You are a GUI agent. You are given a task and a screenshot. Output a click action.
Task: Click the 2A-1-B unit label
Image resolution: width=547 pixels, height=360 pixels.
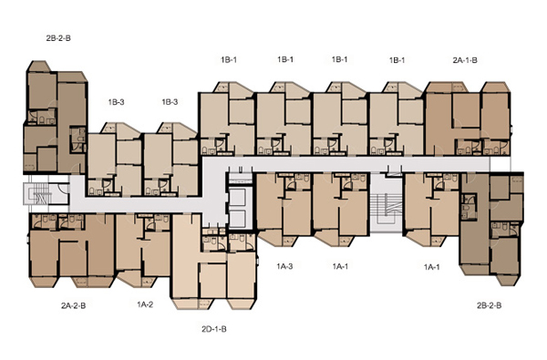point(465,60)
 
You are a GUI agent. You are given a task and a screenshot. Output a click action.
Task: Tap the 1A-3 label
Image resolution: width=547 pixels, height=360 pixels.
point(284,266)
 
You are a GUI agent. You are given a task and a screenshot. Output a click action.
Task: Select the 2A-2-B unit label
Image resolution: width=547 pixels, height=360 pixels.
point(73,305)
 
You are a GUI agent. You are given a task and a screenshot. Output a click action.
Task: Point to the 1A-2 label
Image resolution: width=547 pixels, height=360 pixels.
point(145,304)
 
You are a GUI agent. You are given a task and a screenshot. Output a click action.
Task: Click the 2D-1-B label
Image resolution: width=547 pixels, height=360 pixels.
point(214,329)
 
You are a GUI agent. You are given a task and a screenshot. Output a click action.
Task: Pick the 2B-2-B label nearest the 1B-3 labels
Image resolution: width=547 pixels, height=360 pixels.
point(58,38)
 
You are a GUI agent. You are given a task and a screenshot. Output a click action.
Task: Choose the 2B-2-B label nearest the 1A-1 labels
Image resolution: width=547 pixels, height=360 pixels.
point(489,305)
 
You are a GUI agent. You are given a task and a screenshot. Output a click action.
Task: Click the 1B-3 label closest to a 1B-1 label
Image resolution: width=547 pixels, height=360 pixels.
point(170,102)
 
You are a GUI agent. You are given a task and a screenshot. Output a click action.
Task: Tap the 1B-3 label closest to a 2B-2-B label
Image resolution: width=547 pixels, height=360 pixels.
point(116,102)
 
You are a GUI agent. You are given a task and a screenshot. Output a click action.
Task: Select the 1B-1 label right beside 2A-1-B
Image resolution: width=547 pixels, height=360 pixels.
point(397,60)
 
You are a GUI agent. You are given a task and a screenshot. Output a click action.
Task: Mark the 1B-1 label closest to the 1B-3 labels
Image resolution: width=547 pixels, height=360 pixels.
point(229,59)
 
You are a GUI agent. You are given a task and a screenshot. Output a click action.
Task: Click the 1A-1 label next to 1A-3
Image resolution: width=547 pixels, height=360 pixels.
point(340,266)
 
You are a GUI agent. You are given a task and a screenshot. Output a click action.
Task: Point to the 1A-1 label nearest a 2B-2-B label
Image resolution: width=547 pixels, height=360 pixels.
point(431,267)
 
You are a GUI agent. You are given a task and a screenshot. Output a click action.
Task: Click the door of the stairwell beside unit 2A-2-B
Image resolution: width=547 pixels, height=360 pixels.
point(63,189)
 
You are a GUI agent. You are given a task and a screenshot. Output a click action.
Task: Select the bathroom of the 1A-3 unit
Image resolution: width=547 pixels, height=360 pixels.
point(297,181)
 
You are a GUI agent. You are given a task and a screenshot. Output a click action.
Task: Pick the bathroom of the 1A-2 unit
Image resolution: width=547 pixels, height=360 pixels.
point(157,222)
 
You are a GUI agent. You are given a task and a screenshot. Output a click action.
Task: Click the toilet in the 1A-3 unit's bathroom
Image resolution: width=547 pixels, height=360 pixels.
point(306,178)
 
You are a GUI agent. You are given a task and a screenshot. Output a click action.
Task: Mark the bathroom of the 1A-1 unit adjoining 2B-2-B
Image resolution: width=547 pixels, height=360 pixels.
point(446,181)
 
